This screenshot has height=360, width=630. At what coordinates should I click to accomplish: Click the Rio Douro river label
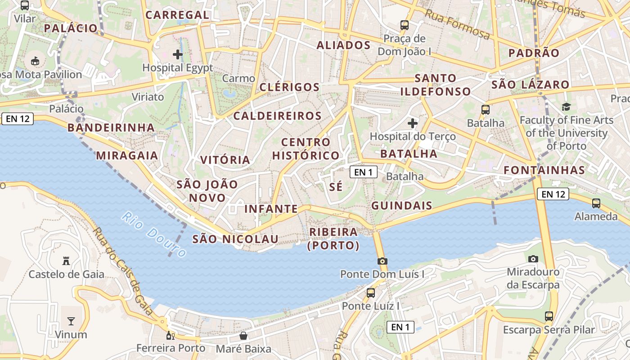point(153,235)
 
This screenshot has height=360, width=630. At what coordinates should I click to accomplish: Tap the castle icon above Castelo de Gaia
point(66,261)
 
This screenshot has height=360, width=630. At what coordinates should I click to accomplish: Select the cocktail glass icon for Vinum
point(71,321)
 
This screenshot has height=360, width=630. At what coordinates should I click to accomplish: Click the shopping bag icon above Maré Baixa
point(243,336)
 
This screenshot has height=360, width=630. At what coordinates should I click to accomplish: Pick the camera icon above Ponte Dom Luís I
point(382,261)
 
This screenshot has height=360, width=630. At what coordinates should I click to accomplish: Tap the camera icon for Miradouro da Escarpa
point(533,259)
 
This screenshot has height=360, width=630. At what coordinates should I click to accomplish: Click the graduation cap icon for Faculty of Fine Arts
point(566,107)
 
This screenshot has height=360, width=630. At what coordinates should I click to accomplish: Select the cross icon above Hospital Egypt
point(178,54)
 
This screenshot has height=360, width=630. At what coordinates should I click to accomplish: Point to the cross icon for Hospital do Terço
point(413,123)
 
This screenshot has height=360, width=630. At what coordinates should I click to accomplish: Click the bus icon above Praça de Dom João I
point(405,25)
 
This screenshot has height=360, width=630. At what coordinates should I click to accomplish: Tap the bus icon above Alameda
point(596,203)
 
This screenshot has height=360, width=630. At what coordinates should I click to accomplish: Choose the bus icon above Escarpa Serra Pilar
point(549,316)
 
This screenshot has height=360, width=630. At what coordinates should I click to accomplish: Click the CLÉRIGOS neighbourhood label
point(290,87)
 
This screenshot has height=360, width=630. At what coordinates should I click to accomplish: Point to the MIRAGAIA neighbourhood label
point(127,156)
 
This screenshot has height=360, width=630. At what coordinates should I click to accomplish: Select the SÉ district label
point(336,186)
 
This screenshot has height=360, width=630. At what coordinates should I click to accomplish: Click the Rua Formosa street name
point(457,24)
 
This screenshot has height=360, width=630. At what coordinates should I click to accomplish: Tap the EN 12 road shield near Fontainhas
point(553,194)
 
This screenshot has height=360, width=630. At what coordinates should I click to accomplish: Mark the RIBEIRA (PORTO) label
point(333,238)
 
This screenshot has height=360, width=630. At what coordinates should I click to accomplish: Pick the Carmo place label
point(238,78)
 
